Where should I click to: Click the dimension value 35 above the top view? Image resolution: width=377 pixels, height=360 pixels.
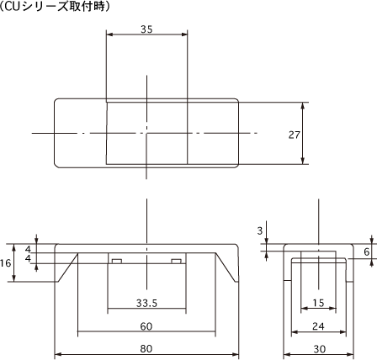click(146, 29)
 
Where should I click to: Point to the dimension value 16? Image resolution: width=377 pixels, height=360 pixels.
click(7, 262)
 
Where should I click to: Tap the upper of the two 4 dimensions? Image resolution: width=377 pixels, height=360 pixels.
click(28, 250)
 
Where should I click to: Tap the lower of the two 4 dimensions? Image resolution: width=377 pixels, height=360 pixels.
click(28, 259)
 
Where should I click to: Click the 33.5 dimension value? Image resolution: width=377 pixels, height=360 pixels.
click(146, 302)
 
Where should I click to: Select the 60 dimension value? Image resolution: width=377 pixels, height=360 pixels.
click(146, 326)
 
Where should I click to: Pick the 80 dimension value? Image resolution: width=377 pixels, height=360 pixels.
click(146, 349)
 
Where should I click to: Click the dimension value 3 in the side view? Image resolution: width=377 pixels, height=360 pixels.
click(260, 230)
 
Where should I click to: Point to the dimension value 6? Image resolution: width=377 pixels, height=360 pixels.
click(367, 251)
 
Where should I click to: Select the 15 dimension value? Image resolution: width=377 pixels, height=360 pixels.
click(317, 302)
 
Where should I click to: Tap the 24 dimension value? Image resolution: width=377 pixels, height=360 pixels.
click(317, 326)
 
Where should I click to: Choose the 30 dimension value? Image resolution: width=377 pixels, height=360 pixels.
click(317, 349)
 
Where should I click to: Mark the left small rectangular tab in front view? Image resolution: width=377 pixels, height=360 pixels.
click(117, 261)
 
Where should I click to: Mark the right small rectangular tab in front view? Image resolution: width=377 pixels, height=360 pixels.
click(177, 261)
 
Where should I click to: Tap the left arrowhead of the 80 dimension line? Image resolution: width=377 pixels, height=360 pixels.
click(57, 354)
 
